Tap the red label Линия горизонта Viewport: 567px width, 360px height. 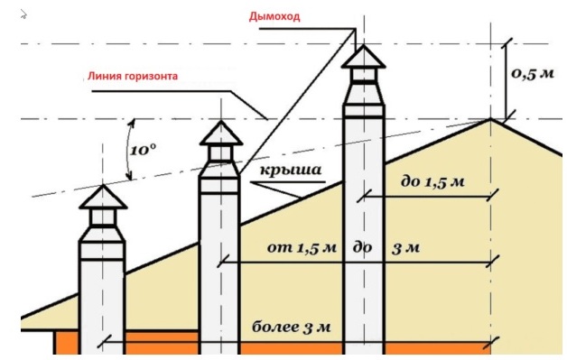click(129, 78)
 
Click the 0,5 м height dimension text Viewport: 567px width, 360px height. click(533, 74)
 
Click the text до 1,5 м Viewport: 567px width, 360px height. click(432, 181)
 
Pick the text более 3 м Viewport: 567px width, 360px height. click(295, 327)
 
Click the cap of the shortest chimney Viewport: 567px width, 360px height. click(101, 197)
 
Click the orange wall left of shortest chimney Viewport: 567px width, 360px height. click(67, 344)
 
